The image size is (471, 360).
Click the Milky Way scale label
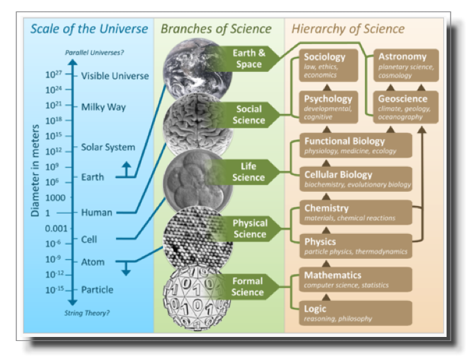pyautogui.click(x=103, y=106)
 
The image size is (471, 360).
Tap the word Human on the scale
pyautogui.click(x=96, y=212)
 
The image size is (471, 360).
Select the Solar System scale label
pyautogui.click(x=107, y=147)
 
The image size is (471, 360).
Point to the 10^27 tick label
pyautogui.click(x=54, y=75)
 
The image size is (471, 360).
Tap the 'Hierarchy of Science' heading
pyautogui.click(x=347, y=28)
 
